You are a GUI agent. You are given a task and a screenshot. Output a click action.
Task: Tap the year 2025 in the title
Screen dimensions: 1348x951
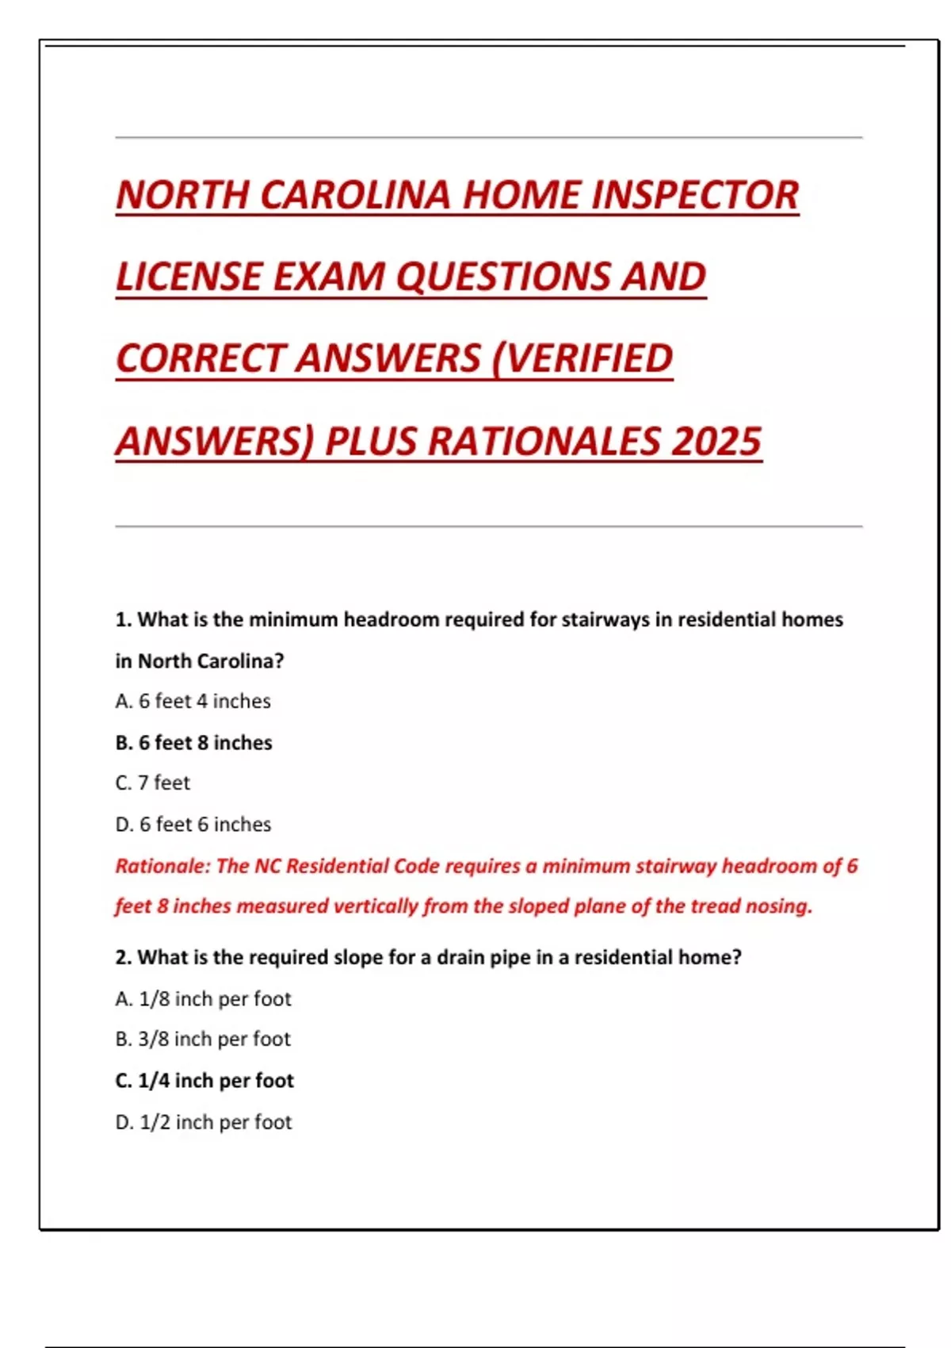pyautogui.click(x=716, y=442)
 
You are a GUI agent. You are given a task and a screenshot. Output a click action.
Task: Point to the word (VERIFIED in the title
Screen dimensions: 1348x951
pyautogui.click(x=582, y=358)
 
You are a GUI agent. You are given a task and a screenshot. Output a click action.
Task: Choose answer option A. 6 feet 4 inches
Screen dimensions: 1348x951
pyautogui.click(x=193, y=702)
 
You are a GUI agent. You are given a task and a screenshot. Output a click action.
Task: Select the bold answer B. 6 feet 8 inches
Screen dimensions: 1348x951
pyautogui.click(x=193, y=743)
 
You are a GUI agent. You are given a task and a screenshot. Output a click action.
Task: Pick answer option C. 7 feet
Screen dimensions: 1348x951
pyautogui.click(x=152, y=783)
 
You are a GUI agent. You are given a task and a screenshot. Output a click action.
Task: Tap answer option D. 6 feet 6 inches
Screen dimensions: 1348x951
pyautogui.click(x=193, y=825)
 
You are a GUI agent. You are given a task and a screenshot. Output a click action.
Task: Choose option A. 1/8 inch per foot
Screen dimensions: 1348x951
pyautogui.click(x=203, y=999)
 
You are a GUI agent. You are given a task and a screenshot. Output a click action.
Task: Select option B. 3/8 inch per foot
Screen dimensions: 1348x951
pyautogui.click(x=203, y=1040)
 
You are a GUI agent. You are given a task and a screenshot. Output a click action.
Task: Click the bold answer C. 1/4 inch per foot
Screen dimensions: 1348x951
pyautogui.click(x=204, y=1081)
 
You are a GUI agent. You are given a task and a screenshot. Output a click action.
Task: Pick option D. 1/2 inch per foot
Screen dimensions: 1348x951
pyautogui.click(x=204, y=1122)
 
